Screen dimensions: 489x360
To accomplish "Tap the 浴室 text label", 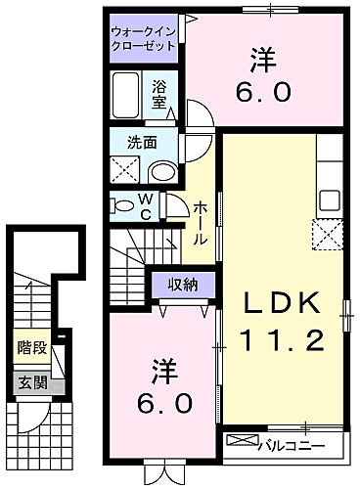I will coord(159,93).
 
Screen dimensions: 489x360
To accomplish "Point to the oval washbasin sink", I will coord(160,172).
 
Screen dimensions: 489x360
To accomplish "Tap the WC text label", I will coord(145,207).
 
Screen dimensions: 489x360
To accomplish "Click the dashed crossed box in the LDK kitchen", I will coord(327,235).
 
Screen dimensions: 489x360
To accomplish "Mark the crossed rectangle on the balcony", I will coord(242,440).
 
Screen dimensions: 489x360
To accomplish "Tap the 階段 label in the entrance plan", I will coord(31,348).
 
